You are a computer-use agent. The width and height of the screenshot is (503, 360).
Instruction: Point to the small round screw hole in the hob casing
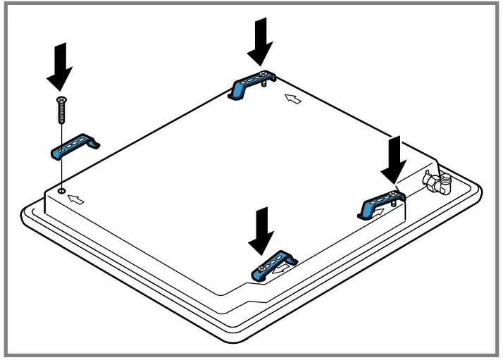coord(62,190)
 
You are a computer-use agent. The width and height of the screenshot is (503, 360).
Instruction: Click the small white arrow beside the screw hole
coord(75,200)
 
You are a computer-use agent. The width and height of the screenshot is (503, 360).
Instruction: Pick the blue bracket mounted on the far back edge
coord(247,84)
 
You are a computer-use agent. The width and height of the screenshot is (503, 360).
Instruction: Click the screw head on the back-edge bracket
coord(262,74)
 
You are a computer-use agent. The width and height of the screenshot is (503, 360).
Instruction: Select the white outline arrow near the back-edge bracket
coord(294,99)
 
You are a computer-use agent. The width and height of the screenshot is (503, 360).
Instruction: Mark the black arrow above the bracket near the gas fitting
coord(393,159)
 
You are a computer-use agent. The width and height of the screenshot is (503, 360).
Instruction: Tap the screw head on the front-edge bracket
coord(262,267)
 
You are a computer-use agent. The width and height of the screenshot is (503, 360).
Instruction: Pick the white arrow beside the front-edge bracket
coord(283,267)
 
